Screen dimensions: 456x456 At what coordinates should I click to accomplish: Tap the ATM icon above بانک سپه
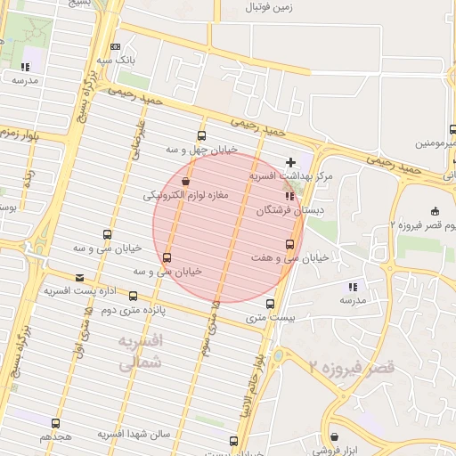(x=115, y=47)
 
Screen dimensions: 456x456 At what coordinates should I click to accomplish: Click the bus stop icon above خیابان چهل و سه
(x=201, y=136)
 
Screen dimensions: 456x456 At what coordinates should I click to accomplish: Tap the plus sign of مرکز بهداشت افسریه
(x=290, y=162)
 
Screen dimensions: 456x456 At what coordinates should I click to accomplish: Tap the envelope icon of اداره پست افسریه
(x=80, y=278)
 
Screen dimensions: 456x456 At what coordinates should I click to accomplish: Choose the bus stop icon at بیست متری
(x=271, y=304)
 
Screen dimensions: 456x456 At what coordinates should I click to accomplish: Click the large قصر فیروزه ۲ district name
(x=352, y=366)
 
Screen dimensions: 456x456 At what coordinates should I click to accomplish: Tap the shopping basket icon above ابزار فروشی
(x=334, y=437)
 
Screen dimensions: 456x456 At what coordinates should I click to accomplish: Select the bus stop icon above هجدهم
(x=56, y=423)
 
